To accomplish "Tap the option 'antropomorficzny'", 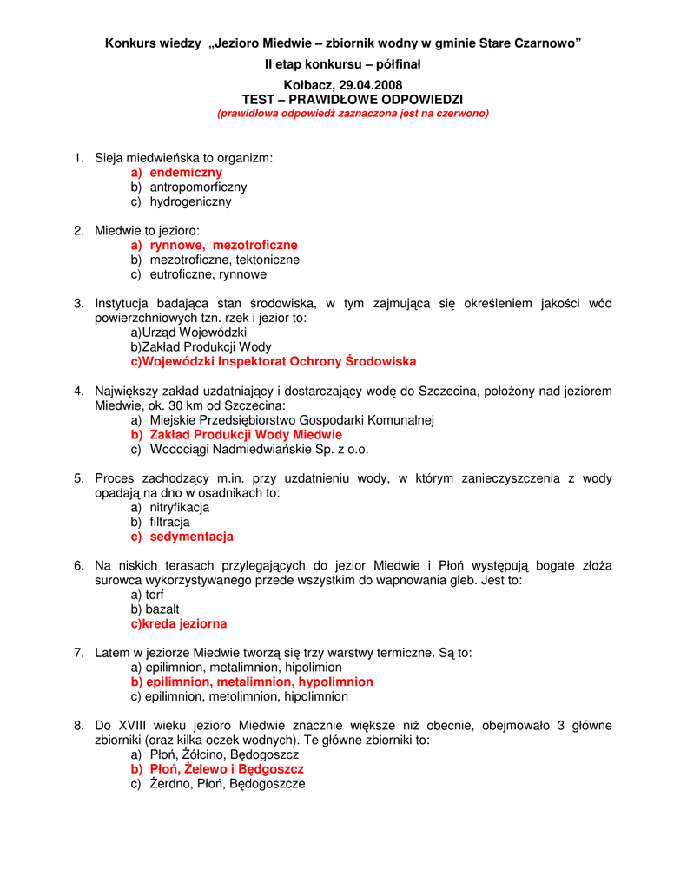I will (x=198, y=187).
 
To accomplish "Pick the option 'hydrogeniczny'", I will (x=190, y=201).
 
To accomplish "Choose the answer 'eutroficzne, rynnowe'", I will (x=208, y=274).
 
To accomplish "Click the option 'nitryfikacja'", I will (x=180, y=508).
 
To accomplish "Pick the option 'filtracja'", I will (x=169, y=523).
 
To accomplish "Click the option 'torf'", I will (x=154, y=595).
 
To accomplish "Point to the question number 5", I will (x=78, y=478).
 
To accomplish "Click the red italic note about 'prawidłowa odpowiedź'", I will (x=353, y=114).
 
